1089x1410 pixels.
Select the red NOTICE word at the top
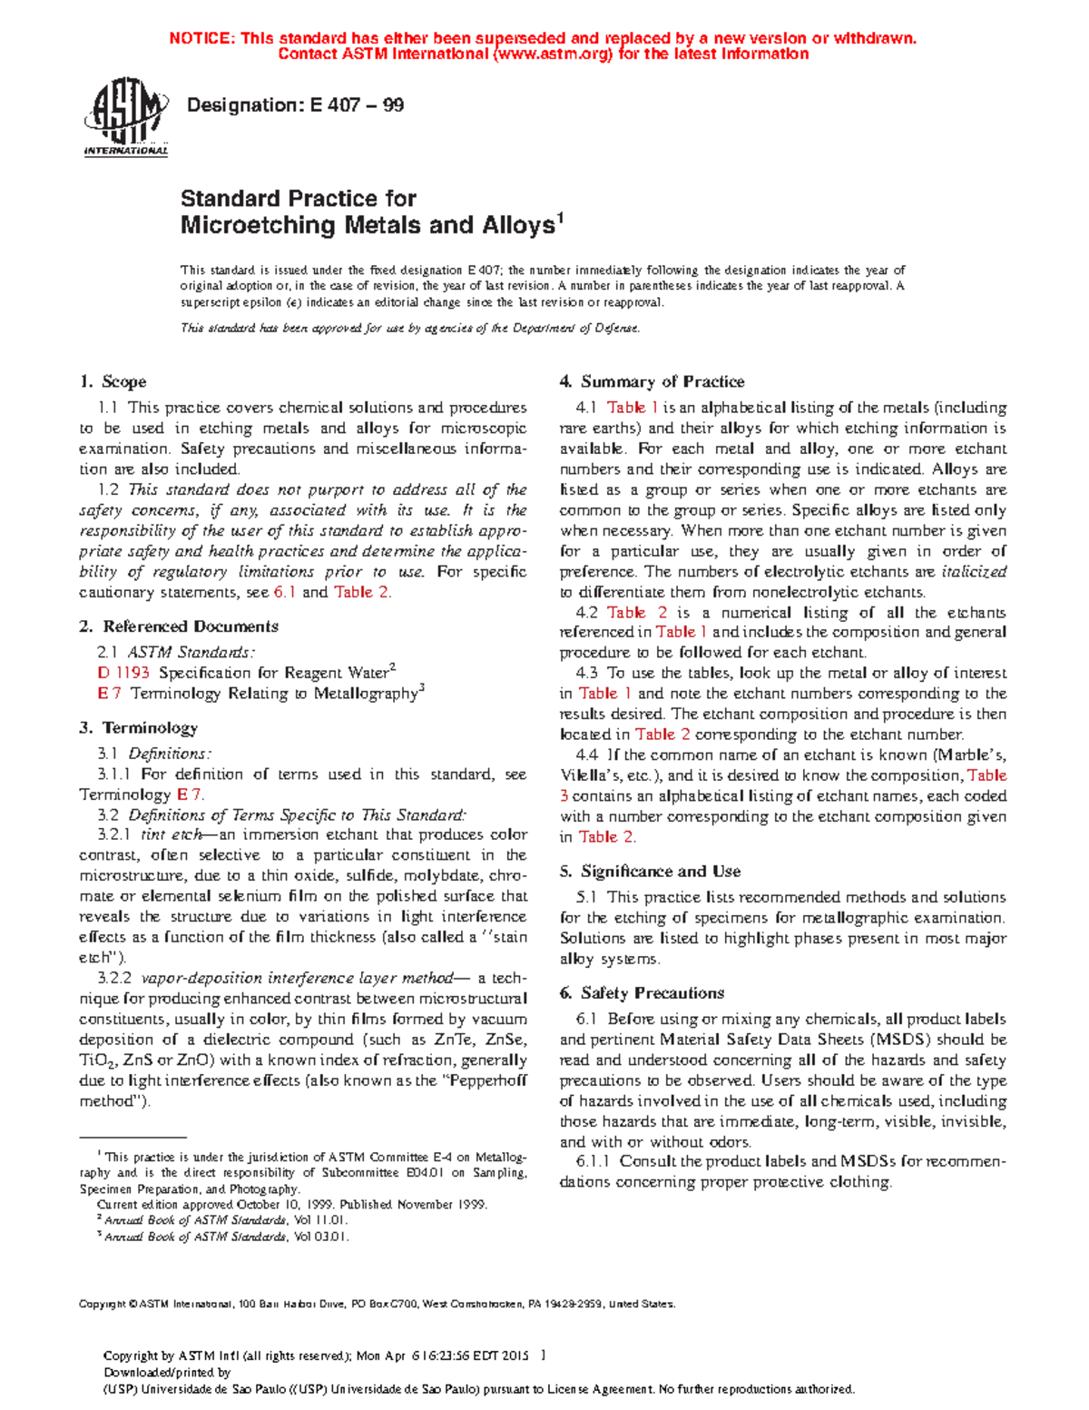[201, 38]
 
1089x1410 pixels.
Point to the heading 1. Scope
[113, 382]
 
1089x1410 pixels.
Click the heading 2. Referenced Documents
[179, 626]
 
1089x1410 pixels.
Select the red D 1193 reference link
[123, 673]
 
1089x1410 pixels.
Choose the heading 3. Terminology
[138, 728]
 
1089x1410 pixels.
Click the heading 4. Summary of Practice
[652, 382]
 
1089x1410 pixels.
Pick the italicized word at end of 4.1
[973, 572]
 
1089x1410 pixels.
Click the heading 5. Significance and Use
[651, 872]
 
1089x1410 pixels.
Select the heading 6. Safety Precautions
[643, 993]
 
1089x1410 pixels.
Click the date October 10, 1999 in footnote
[277, 1205]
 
